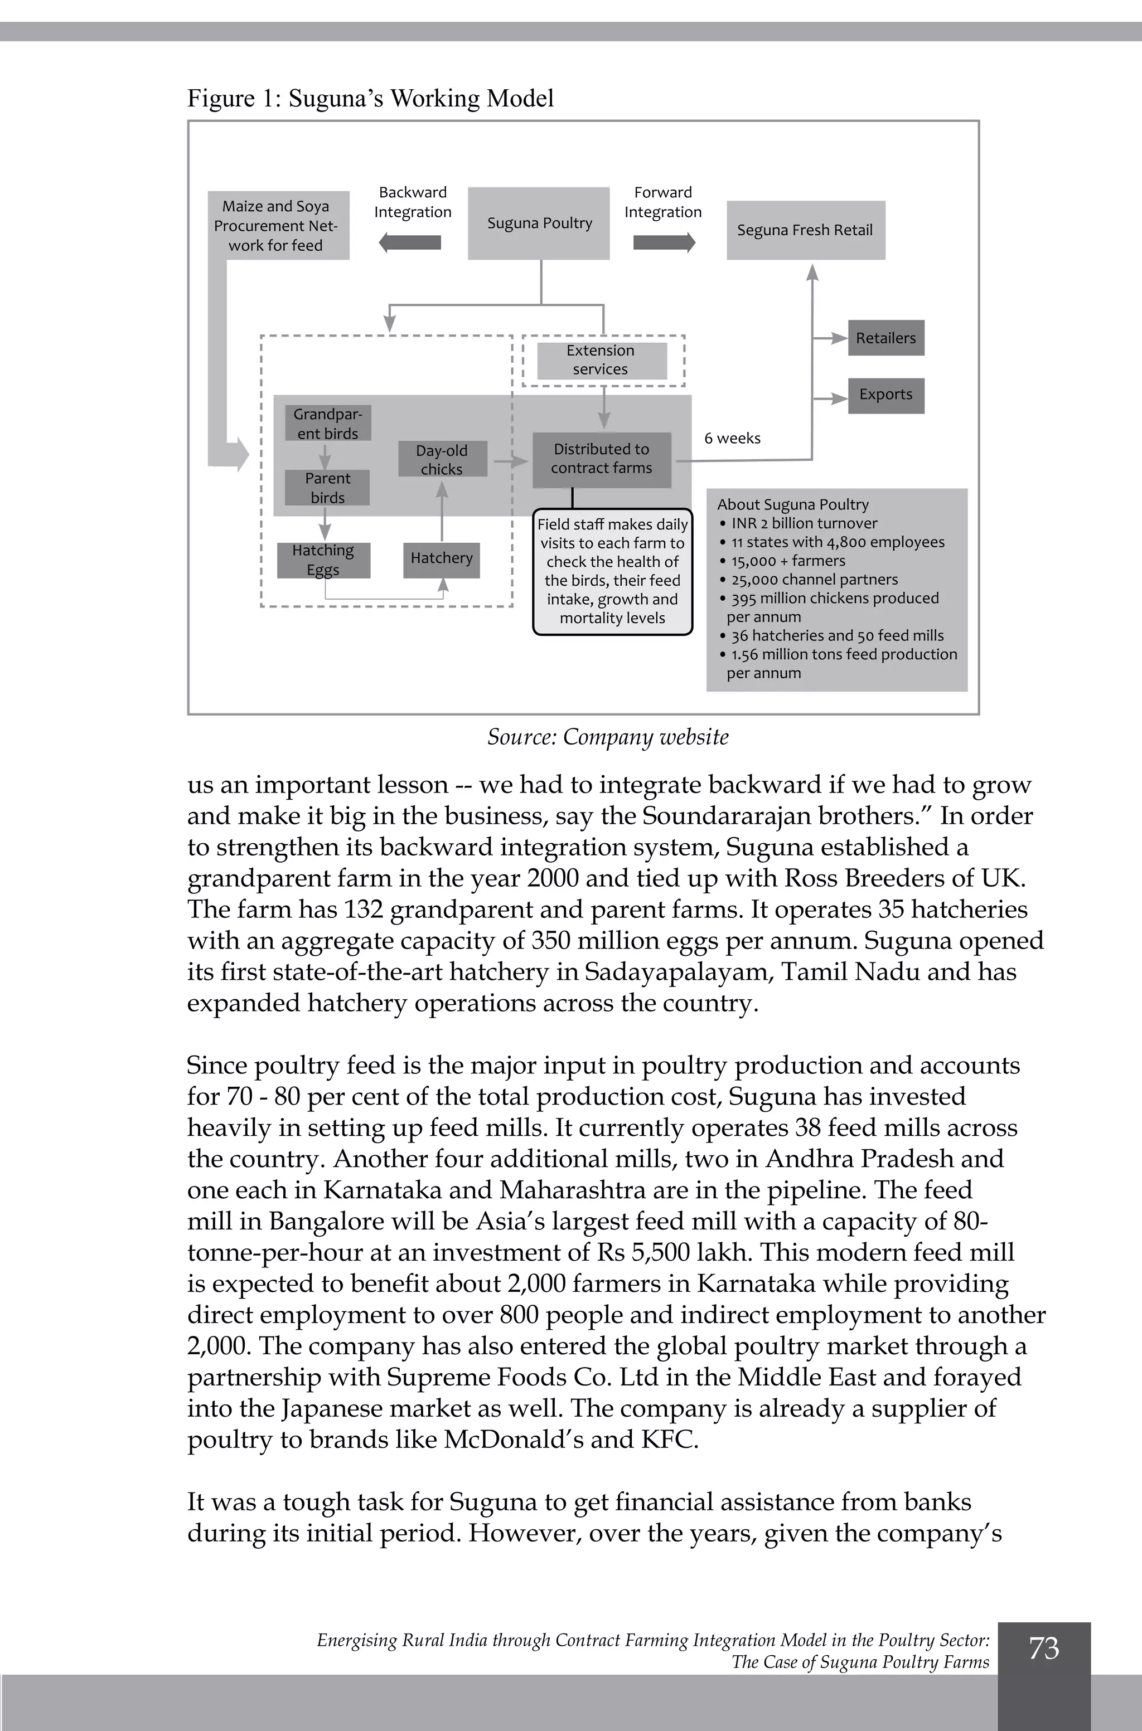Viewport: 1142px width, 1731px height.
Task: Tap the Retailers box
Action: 885,338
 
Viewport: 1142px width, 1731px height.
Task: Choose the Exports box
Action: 885,395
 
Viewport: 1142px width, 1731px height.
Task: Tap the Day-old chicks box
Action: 442,459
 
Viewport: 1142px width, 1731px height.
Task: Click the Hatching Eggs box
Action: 323,560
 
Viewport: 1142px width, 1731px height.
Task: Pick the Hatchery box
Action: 442,559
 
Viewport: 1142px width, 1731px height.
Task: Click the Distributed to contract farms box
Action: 601,459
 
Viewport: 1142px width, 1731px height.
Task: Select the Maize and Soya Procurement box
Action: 277,226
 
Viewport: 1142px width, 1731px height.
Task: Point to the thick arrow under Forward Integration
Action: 664,242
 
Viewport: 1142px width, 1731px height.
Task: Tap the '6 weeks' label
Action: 732,438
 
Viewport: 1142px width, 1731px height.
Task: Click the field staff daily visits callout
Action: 612,571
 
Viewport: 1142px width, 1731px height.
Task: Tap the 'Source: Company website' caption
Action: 607,737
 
